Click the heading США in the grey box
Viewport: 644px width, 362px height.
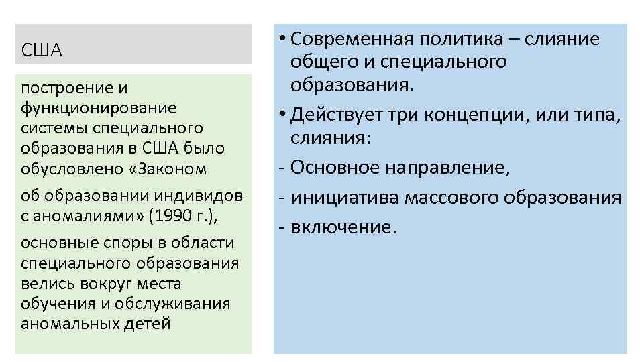[42, 50]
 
